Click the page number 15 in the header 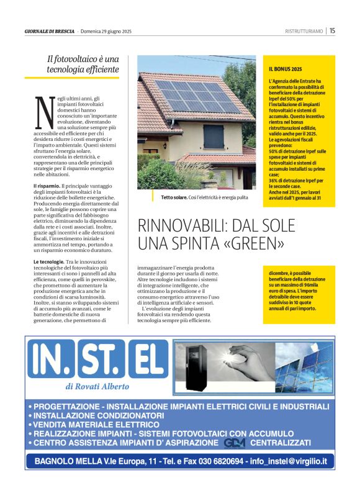point(333,30)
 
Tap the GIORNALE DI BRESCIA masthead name point(50,31)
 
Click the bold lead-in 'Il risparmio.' point(47,186)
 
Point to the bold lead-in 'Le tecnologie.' point(49,263)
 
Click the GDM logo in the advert point(235,443)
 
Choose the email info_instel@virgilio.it point(290,462)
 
